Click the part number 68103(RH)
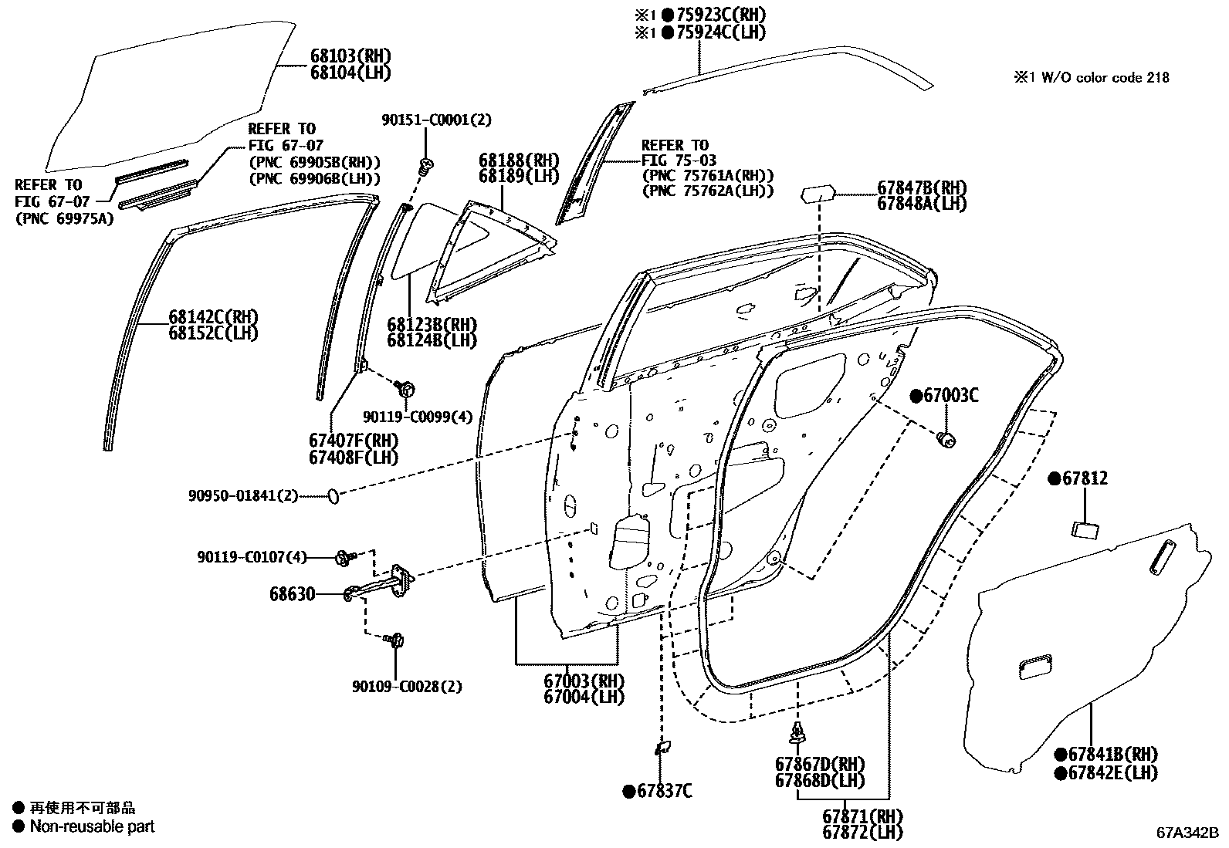tap(350, 56)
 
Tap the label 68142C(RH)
tap(213, 317)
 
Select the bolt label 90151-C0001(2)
tap(436, 120)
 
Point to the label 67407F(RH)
tap(353, 441)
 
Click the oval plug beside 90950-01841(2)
tap(333, 495)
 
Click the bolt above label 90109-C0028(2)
tap(398, 640)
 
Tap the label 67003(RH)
tap(584, 681)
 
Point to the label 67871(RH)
tap(862, 816)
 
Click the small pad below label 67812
tap(1085, 529)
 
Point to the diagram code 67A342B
tap(1187, 833)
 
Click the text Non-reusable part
tap(92, 826)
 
